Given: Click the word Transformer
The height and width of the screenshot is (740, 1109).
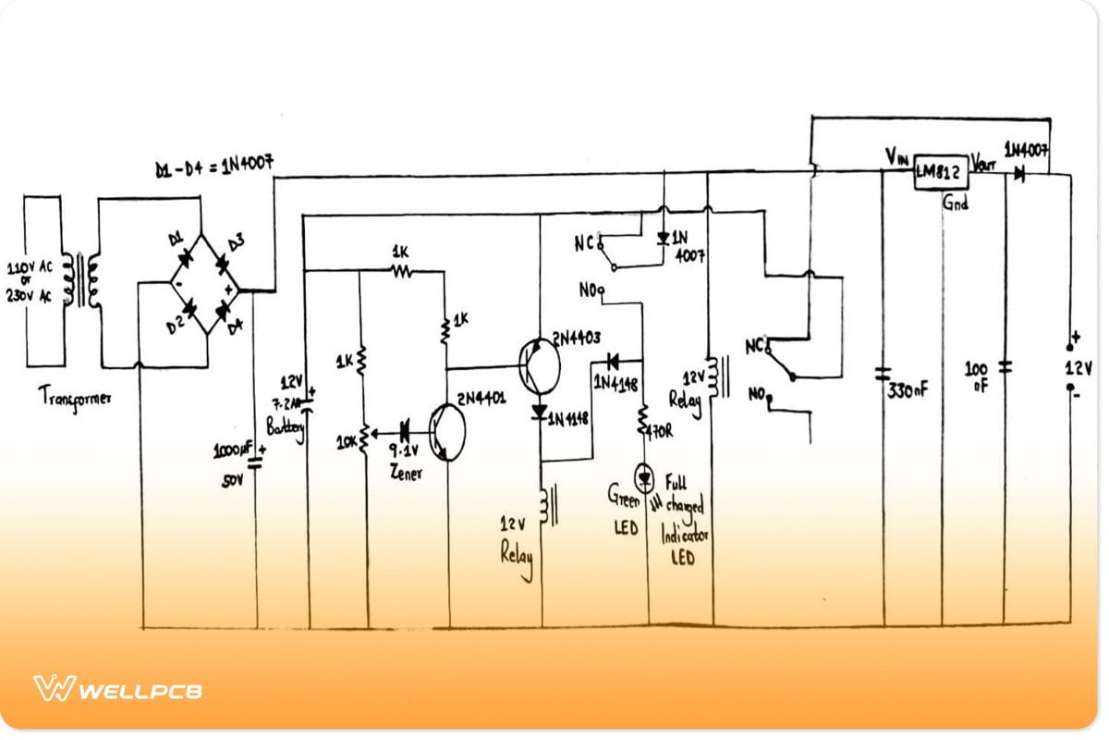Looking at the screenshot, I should pyautogui.click(x=75, y=398).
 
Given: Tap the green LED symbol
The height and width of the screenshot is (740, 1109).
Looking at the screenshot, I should pyautogui.click(x=645, y=477).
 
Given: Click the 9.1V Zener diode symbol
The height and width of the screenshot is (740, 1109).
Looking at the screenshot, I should pyautogui.click(x=404, y=429).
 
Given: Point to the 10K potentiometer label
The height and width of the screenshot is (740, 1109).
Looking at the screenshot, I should pyautogui.click(x=346, y=442).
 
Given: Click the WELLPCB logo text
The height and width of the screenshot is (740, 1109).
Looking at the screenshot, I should pyautogui.click(x=139, y=691).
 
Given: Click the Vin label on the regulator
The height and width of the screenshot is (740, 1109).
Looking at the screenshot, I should pyautogui.click(x=896, y=155).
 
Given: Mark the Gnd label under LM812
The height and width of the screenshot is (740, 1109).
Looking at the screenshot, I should pyautogui.click(x=955, y=202).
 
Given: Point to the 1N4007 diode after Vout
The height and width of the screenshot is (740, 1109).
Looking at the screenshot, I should pyautogui.click(x=1018, y=173).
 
